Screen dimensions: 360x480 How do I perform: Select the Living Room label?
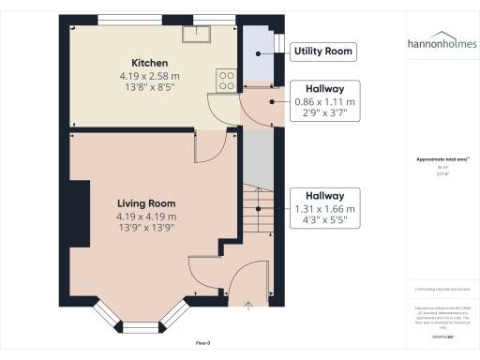click(146, 203)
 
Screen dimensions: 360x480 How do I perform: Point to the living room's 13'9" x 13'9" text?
click(146, 227)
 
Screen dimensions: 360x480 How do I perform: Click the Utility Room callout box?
click(324, 51)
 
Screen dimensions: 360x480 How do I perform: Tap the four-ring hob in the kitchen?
click(226, 81)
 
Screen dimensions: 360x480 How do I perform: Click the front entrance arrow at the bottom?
click(248, 305)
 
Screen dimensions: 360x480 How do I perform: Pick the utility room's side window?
click(277, 42)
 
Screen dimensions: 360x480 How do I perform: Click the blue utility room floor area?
click(256, 56)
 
